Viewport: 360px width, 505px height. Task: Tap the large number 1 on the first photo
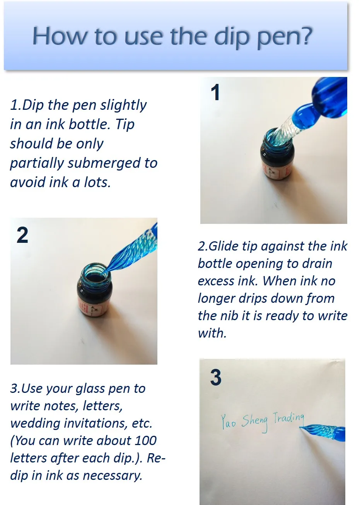(x=215, y=93)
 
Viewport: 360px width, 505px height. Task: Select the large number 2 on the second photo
(x=22, y=235)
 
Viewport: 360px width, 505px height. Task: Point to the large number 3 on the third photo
(x=216, y=377)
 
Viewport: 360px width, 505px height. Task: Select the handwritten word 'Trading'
(x=288, y=418)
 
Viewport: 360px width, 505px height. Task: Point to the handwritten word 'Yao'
(x=229, y=422)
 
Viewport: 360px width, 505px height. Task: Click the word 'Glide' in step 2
(x=224, y=246)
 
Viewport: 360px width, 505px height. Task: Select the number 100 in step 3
(x=145, y=440)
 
